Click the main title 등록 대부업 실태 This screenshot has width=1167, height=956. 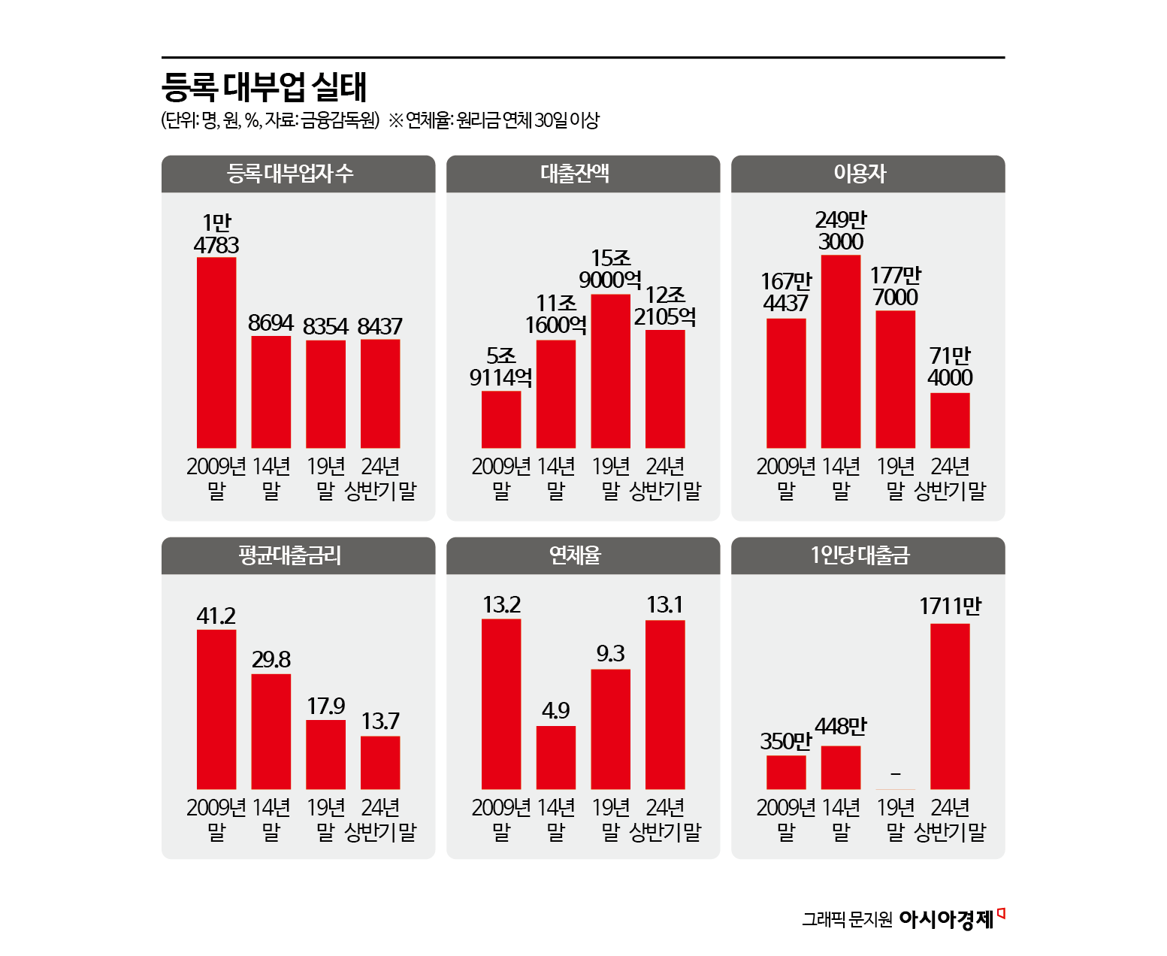(264, 87)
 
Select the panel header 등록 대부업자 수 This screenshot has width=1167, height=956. (290, 174)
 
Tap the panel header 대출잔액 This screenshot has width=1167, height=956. (575, 174)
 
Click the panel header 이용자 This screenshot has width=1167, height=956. (860, 174)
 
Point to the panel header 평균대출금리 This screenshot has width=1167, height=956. (290, 555)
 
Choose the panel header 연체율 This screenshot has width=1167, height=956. (575, 555)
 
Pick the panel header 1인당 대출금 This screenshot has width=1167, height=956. (860, 555)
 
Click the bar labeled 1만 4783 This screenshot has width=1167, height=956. (216, 352)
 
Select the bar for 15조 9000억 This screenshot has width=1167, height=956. (610, 371)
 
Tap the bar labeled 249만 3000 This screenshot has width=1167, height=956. (840, 352)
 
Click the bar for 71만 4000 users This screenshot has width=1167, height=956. (950, 420)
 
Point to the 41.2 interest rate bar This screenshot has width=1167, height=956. (216, 709)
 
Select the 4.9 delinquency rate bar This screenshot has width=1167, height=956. (555, 757)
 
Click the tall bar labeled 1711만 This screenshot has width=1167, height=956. (950, 706)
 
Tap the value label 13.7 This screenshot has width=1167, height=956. (380, 722)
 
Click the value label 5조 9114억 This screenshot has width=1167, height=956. (500, 367)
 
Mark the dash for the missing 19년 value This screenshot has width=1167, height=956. (895, 773)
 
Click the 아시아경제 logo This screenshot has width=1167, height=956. (947, 918)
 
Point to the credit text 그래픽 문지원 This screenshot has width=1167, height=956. (847, 919)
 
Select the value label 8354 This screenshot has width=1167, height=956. (325, 327)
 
